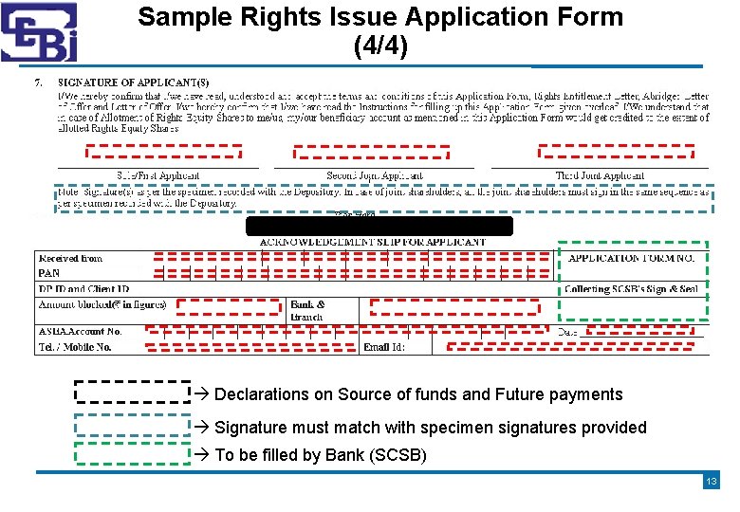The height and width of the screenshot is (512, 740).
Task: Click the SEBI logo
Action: [39, 33]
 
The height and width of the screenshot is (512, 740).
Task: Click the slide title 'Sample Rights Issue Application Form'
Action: [380, 17]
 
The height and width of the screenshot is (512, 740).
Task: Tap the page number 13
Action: [712, 482]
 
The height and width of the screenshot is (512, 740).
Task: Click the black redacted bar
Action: [379, 226]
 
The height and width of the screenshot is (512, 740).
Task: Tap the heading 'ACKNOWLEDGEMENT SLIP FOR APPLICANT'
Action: [372, 243]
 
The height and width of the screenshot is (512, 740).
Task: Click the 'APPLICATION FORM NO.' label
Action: [631, 258]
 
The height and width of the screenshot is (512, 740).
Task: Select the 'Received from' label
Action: [70, 258]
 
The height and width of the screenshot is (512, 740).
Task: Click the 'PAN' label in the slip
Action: [48, 273]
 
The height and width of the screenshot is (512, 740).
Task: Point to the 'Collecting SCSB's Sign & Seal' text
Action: [631, 289]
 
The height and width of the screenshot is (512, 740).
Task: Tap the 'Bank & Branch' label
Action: [307, 310]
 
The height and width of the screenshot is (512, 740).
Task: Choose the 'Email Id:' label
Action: [384, 348]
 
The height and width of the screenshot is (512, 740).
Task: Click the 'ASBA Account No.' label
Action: [81, 332]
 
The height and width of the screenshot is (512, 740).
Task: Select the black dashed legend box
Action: [132, 393]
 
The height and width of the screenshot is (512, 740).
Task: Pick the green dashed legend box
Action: [132, 453]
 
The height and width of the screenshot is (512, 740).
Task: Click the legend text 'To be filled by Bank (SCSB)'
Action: [321, 455]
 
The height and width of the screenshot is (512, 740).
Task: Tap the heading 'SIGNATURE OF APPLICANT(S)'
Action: [134, 83]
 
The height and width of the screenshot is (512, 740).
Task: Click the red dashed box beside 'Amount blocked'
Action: [227, 305]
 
